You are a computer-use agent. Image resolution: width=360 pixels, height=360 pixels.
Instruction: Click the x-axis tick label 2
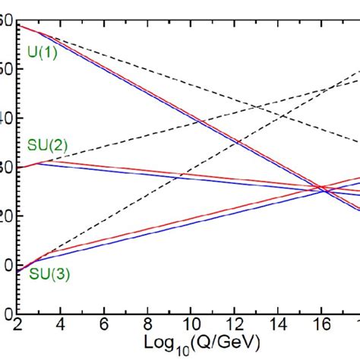click(17, 325)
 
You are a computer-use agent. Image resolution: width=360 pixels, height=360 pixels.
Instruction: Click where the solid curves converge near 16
click(323, 188)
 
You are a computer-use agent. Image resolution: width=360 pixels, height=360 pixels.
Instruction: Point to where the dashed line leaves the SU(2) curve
click(38, 161)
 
